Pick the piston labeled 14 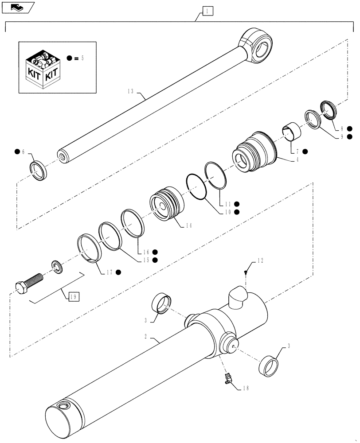(165, 204)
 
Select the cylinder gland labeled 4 (251, 151)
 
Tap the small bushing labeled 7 (290, 132)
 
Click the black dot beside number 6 (17, 152)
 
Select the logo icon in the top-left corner (17, 6)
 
